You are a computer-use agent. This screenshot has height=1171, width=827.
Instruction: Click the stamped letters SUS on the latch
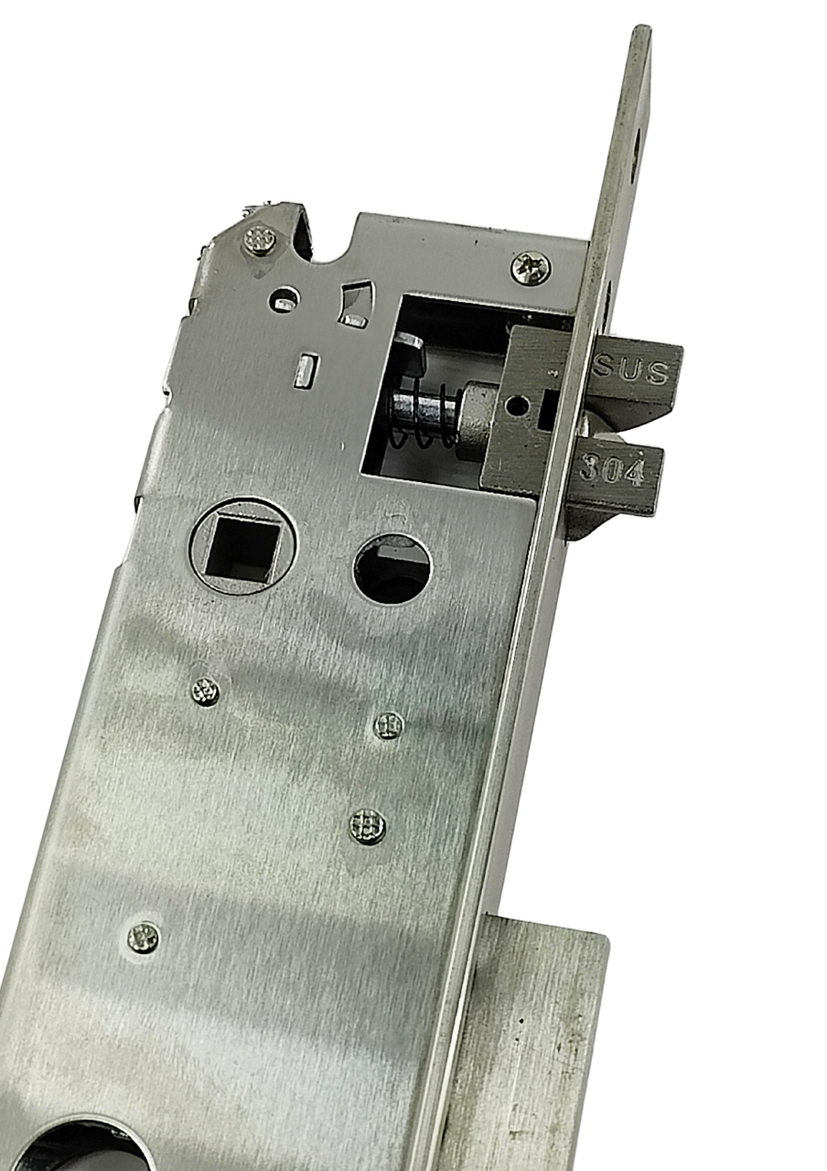631,371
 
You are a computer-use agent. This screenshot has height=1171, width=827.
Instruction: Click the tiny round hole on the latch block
518,403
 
